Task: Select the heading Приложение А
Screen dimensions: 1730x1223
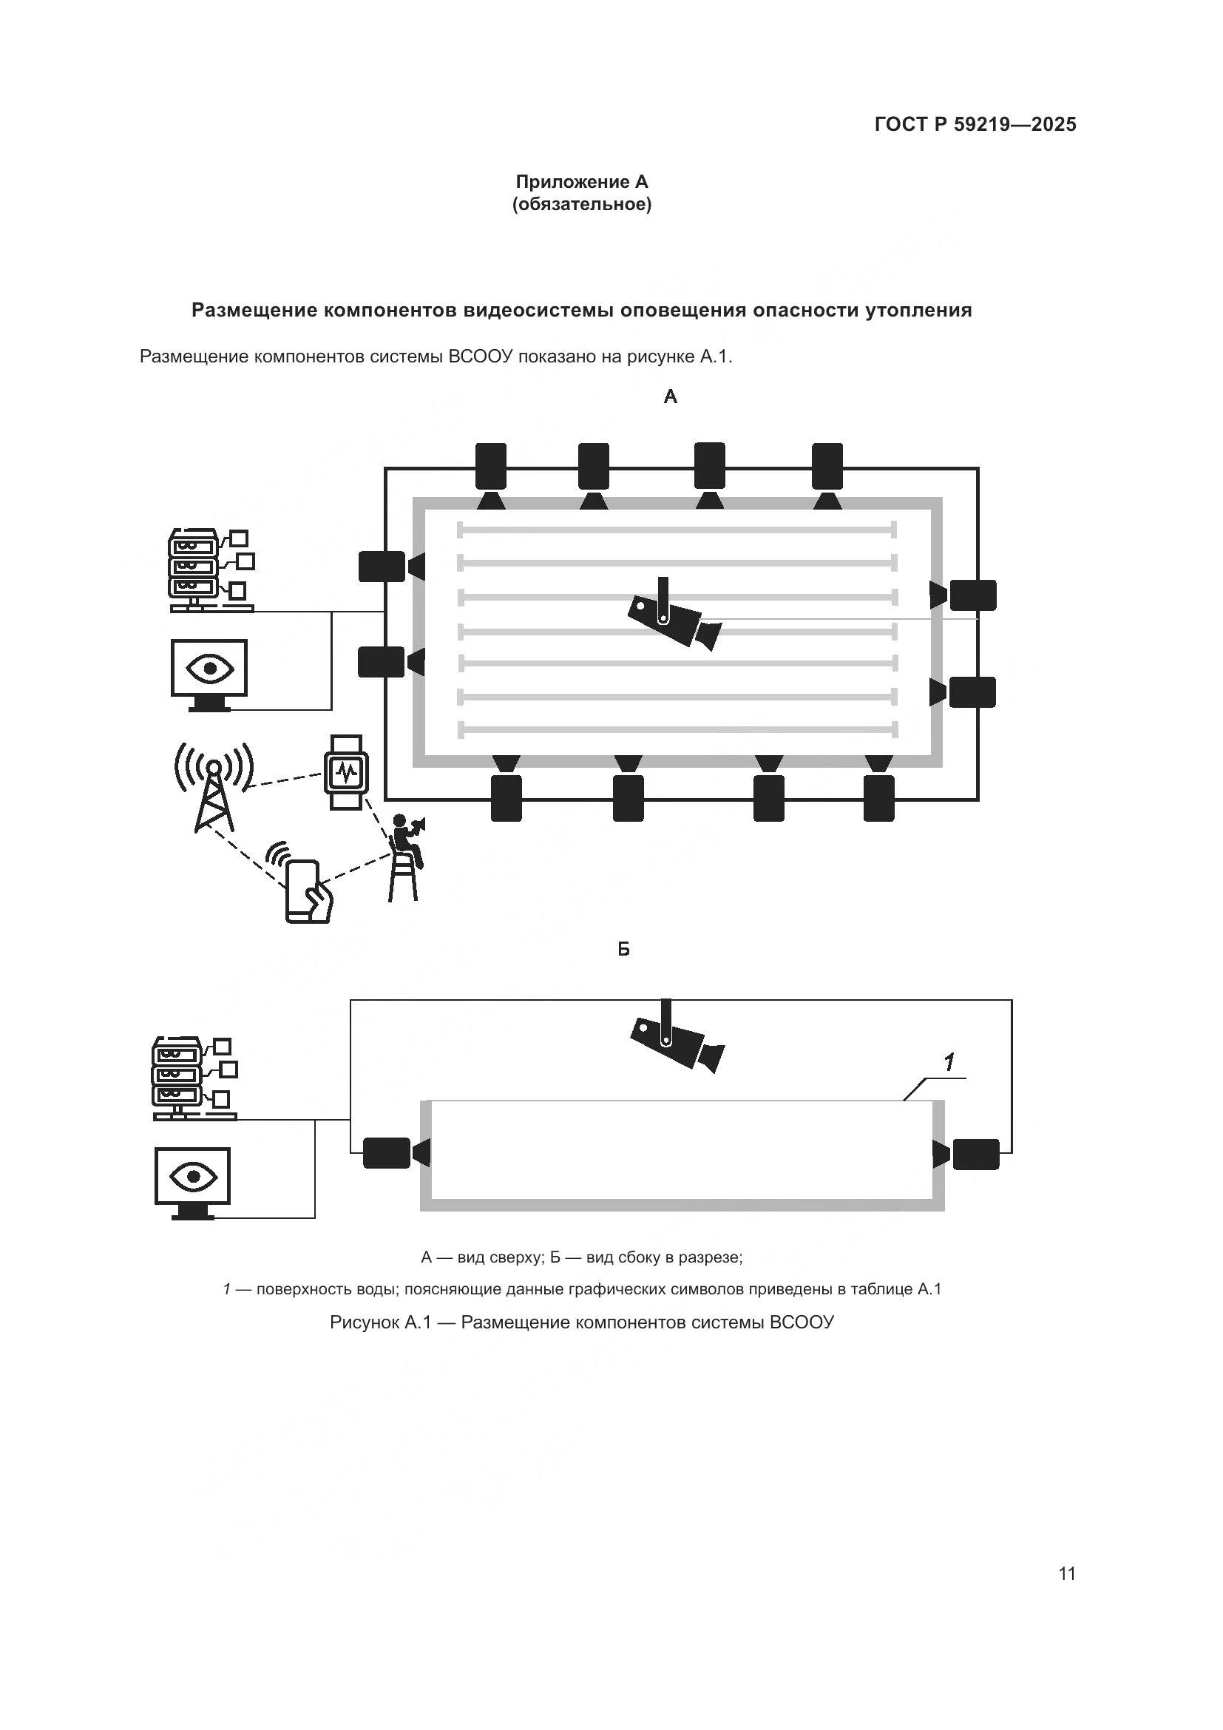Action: point(581,182)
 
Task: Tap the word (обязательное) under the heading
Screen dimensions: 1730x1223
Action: point(581,204)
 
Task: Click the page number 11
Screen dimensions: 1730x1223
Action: point(1066,1573)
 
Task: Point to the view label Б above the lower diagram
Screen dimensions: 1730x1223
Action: point(623,950)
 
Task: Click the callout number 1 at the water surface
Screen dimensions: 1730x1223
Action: point(949,1062)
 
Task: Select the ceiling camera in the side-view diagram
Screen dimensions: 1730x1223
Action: point(677,1041)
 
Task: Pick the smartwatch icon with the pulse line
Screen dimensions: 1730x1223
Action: point(346,772)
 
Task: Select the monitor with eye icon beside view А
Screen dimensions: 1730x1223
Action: point(209,673)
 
